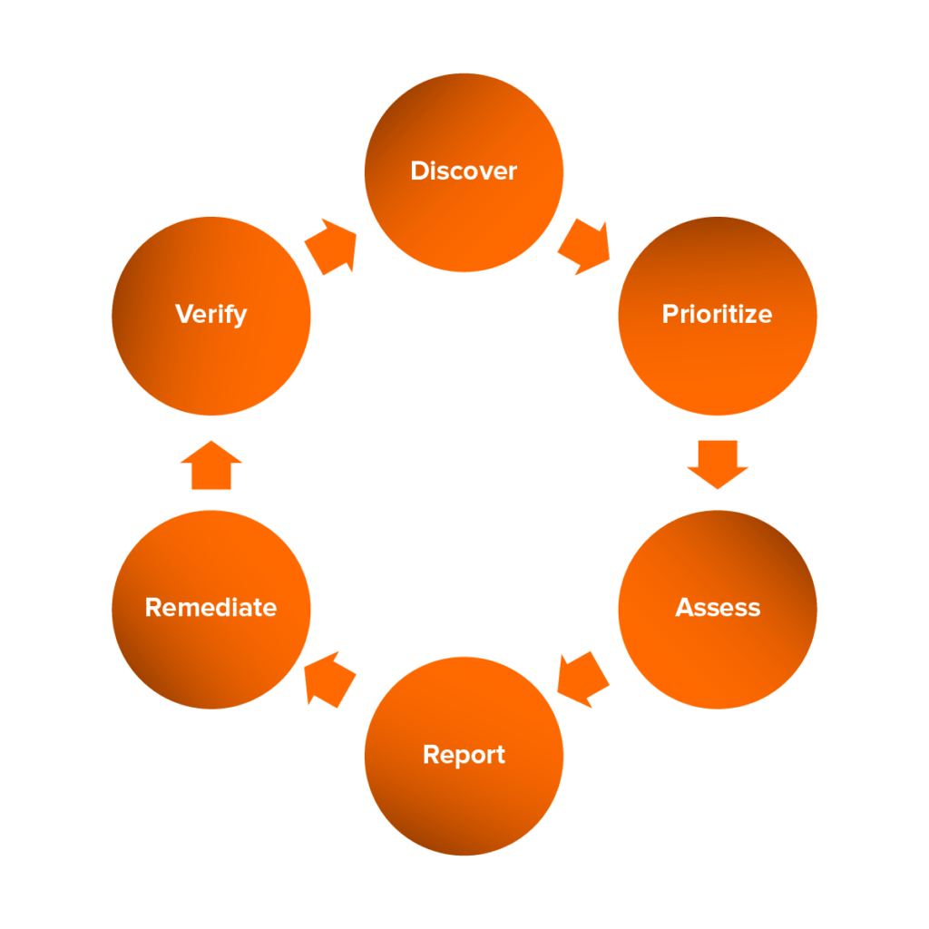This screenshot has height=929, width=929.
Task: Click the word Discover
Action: coord(464,171)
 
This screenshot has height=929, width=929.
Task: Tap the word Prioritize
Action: coord(717,315)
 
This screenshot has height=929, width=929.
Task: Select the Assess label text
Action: coord(717,607)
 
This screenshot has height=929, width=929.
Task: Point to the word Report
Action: coord(464,755)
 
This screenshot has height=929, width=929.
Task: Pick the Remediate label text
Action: coord(210,607)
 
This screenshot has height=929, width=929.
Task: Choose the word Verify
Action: coord(210,315)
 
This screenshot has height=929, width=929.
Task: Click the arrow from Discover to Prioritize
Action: coord(582,246)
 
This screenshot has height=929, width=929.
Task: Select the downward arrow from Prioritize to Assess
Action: coord(717,464)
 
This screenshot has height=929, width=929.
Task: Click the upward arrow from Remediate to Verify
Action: coord(210,465)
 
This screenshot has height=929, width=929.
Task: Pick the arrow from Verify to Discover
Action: coord(331,245)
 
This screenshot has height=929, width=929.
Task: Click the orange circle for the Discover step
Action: coord(464,218)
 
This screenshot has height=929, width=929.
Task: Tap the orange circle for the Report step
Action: coord(464,803)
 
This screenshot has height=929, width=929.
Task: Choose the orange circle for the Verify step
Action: coord(210,363)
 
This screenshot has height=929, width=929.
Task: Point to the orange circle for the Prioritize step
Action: coord(717,363)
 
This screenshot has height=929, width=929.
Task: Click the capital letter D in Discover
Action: coord(419,171)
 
